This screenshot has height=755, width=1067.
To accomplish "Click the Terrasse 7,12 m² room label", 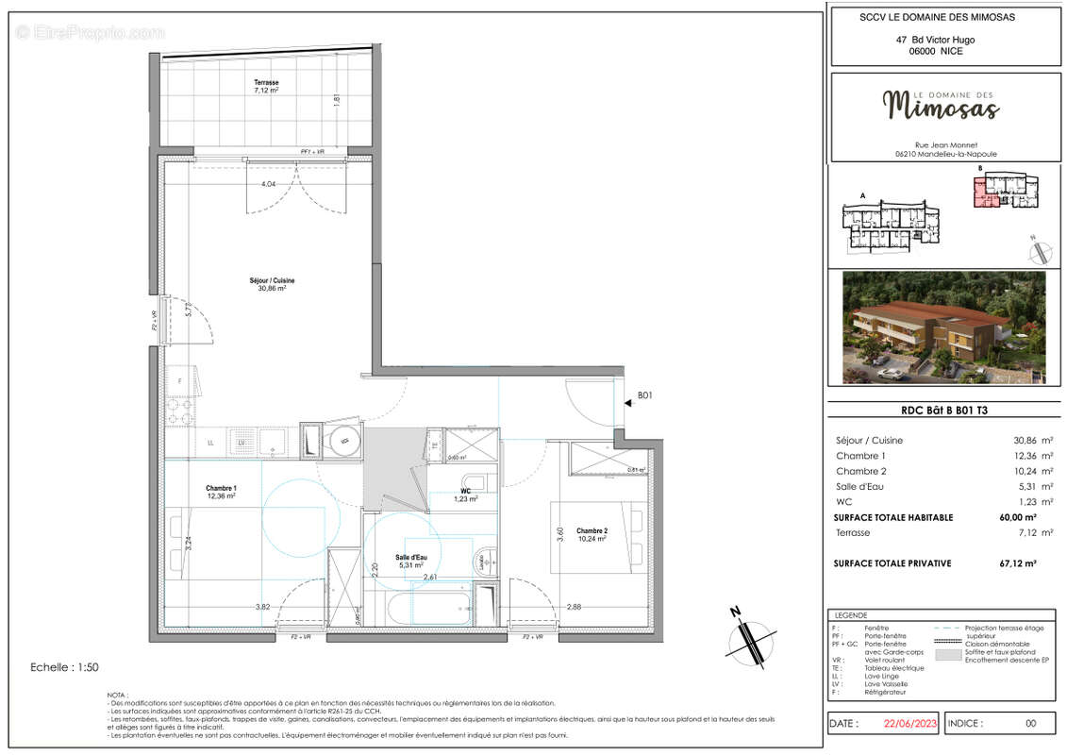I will [x=266, y=87].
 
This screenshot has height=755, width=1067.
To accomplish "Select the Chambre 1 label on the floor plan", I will [x=221, y=492].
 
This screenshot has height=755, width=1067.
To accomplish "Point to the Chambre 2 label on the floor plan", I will [x=591, y=534].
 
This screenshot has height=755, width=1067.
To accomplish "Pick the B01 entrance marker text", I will [x=645, y=397].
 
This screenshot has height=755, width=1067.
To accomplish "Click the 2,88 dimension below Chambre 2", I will [x=574, y=607].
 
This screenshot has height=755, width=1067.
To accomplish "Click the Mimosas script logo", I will [x=938, y=107].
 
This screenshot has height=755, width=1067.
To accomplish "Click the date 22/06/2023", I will [x=909, y=724].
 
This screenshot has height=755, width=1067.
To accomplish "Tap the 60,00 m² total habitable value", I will [x=1017, y=517].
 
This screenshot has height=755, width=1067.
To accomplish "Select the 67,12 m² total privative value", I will [x=1017, y=563].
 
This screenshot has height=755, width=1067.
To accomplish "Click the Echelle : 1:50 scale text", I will [x=66, y=667].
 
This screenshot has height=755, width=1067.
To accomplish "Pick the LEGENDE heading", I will [x=851, y=614].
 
